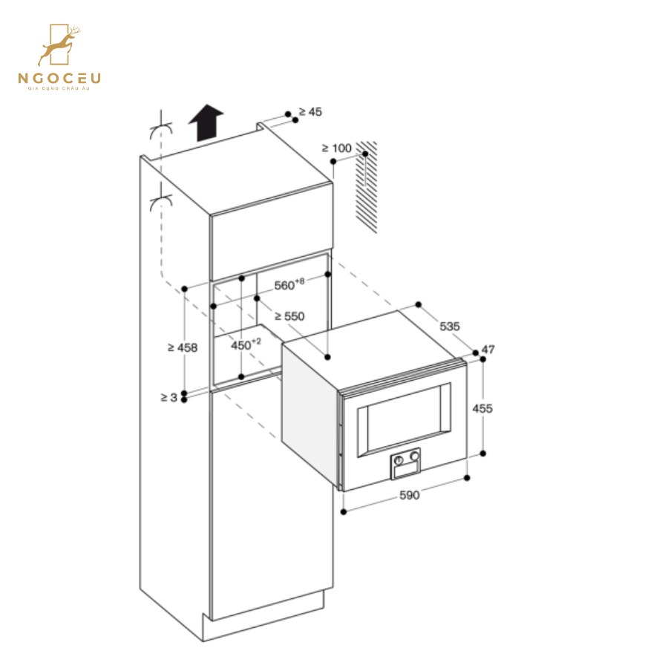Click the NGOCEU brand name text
(60, 78)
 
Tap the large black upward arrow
(206, 122)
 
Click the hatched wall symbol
(366, 186)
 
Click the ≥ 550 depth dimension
(289, 316)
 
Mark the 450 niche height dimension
(246, 345)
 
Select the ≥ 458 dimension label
(182, 347)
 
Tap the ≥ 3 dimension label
(168, 397)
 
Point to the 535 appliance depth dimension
(450, 326)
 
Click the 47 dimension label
(488, 350)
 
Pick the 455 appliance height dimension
(482, 408)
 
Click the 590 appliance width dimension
(409, 495)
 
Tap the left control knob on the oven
(399, 460)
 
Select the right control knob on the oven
(414, 457)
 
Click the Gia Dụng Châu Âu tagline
(60, 88)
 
